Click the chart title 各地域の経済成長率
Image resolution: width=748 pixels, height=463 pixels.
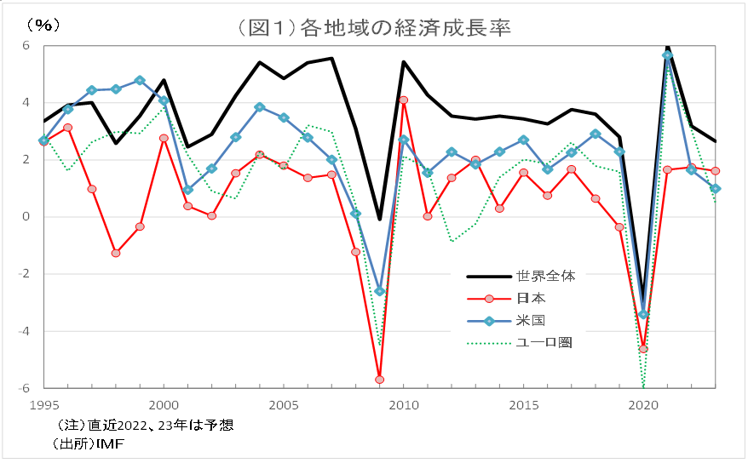pos(374,28)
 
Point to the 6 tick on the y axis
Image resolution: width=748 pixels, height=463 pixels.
pos(26,45)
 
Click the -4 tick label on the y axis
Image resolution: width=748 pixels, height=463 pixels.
pos(24,331)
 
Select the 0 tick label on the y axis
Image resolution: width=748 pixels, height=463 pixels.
pos(26,217)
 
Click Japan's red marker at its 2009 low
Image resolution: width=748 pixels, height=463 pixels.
pos(379,380)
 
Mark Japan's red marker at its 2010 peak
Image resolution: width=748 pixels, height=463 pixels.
pos(404,100)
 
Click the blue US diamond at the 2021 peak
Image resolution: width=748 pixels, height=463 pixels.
pos(667,54)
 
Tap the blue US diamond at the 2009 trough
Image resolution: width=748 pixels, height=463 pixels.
pos(379,291)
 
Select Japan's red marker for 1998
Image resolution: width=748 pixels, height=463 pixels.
pos(116,253)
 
